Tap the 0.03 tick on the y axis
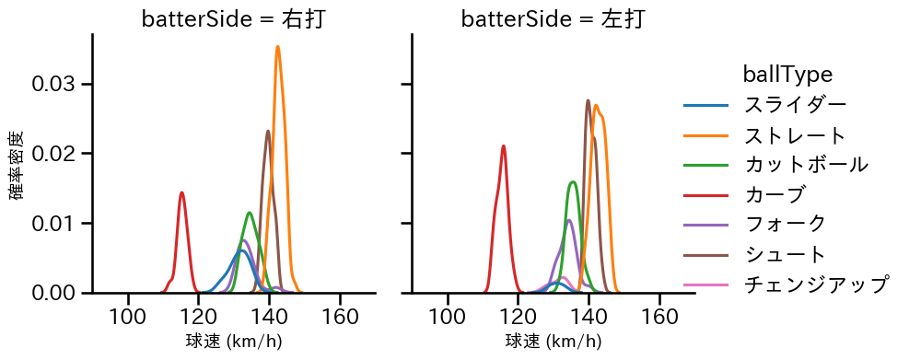(x=58, y=84)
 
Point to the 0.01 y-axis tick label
(x=58, y=223)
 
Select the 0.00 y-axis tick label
(x=58, y=293)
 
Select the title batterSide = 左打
(x=552, y=19)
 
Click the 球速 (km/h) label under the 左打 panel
(x=553, y=343)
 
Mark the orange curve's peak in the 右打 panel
(x=277, y=47)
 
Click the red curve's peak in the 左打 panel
(x=504, y=145)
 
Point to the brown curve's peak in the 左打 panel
(x=588, y=100)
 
